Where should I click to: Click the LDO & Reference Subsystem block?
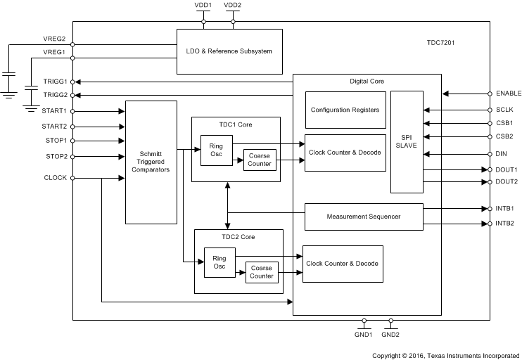point(229,51)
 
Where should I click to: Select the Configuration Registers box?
point(345,110)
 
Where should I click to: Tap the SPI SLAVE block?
point(407,141)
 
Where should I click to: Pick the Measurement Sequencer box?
point(363,217)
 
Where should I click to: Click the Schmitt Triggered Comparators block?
point(151,162)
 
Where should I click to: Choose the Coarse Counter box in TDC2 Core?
point(260,271)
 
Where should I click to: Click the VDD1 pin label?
point(203,6)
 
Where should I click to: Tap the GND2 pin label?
point(390,335)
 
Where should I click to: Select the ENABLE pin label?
point(508,93)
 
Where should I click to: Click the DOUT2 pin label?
point(507,181)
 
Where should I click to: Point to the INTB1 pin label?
point(505,209)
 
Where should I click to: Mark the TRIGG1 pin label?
point(54,82)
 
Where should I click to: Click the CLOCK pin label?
point(55,178)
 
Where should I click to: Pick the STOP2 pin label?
point(56,156)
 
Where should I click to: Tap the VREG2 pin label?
point(54,39)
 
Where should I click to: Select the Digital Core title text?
point(367,82)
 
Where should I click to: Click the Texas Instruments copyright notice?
point(447,355)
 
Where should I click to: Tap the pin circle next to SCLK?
point(490,110)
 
